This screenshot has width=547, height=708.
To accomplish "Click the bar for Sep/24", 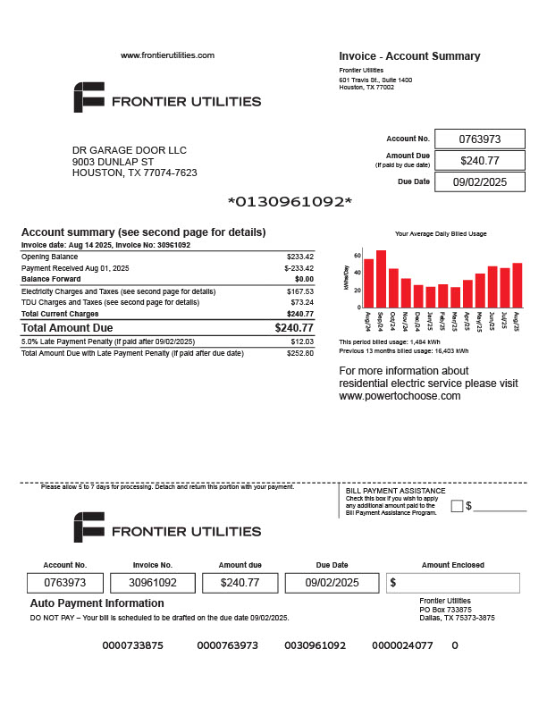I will coord(382,278).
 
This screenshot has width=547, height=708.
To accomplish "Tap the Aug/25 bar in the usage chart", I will coord(518,285).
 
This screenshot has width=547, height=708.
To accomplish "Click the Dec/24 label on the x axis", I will coord(418,320).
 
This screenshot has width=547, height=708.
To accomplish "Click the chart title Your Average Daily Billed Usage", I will coord(441,233).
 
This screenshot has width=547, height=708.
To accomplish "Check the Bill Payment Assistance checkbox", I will coord(457,506).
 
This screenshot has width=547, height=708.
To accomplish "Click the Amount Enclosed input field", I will coord(453,583).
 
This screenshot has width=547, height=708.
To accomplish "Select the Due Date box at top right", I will coord(479,181).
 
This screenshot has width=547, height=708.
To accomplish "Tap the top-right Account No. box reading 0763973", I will coord(479,139).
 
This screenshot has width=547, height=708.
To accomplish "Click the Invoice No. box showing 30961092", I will coord(154,583).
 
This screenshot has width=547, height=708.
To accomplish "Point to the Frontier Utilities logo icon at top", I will coord(88,97).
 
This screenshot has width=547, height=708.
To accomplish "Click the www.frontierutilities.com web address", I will coord(168,55).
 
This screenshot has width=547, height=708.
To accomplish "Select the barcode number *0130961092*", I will coord(290,201).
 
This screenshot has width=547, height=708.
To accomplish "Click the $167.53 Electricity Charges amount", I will coord(300,291).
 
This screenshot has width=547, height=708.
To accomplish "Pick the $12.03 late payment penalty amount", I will coord(303,341).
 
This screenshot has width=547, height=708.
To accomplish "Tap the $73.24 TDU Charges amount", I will coord(302,302).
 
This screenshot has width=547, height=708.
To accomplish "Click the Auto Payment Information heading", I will coord(97,603).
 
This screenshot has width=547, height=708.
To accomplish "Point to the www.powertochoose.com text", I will coord(400,395).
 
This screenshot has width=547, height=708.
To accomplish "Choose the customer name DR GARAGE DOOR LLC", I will coord(130,150).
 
